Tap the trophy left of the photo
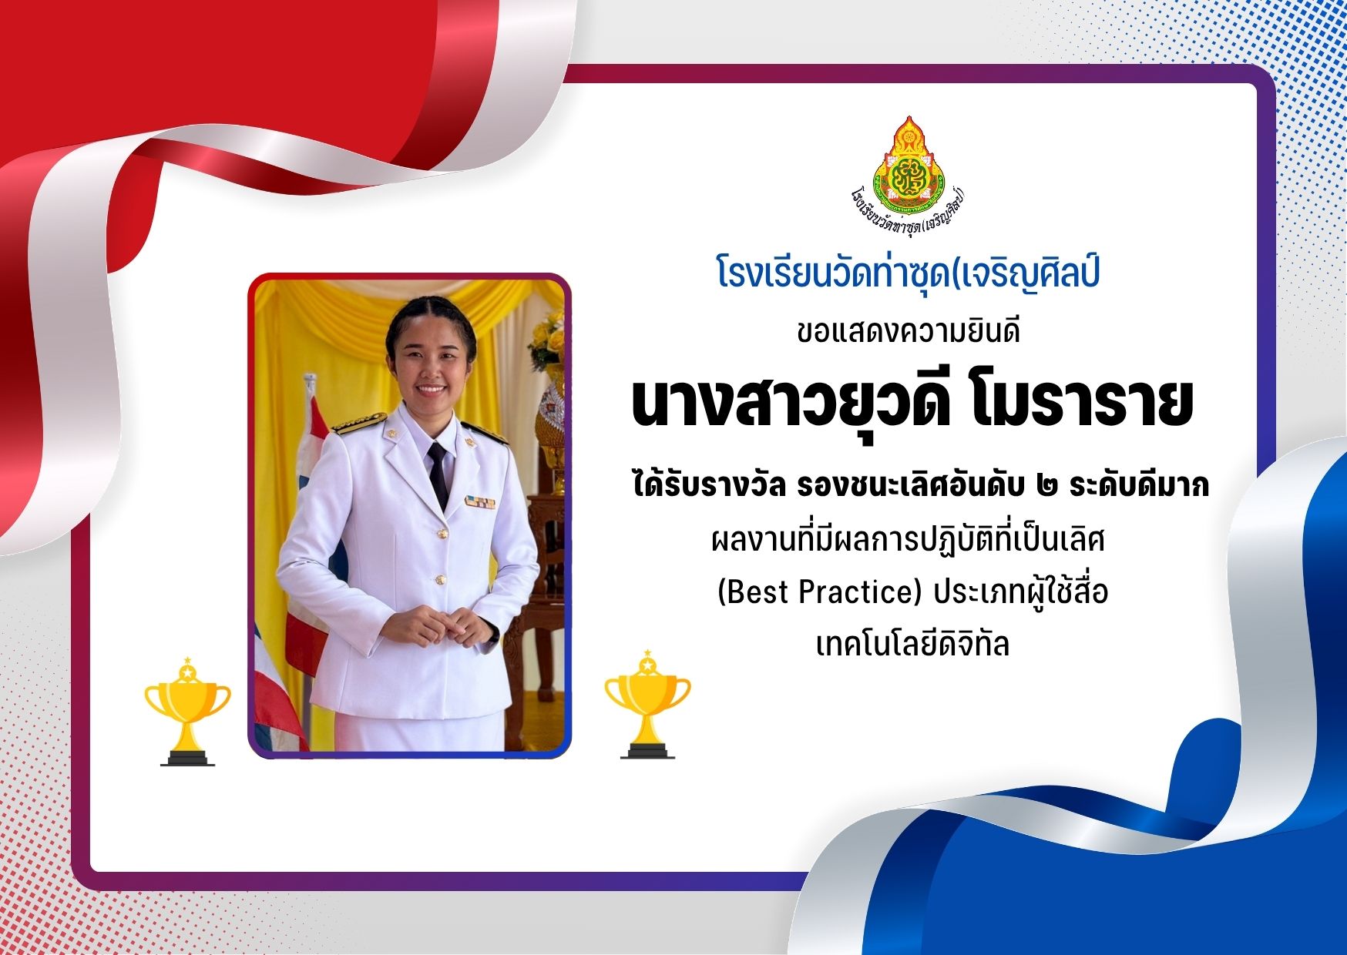[x=187, y=711]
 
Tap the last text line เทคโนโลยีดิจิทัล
[x=912, y=643]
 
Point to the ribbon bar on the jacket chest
[x=480, y=502]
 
